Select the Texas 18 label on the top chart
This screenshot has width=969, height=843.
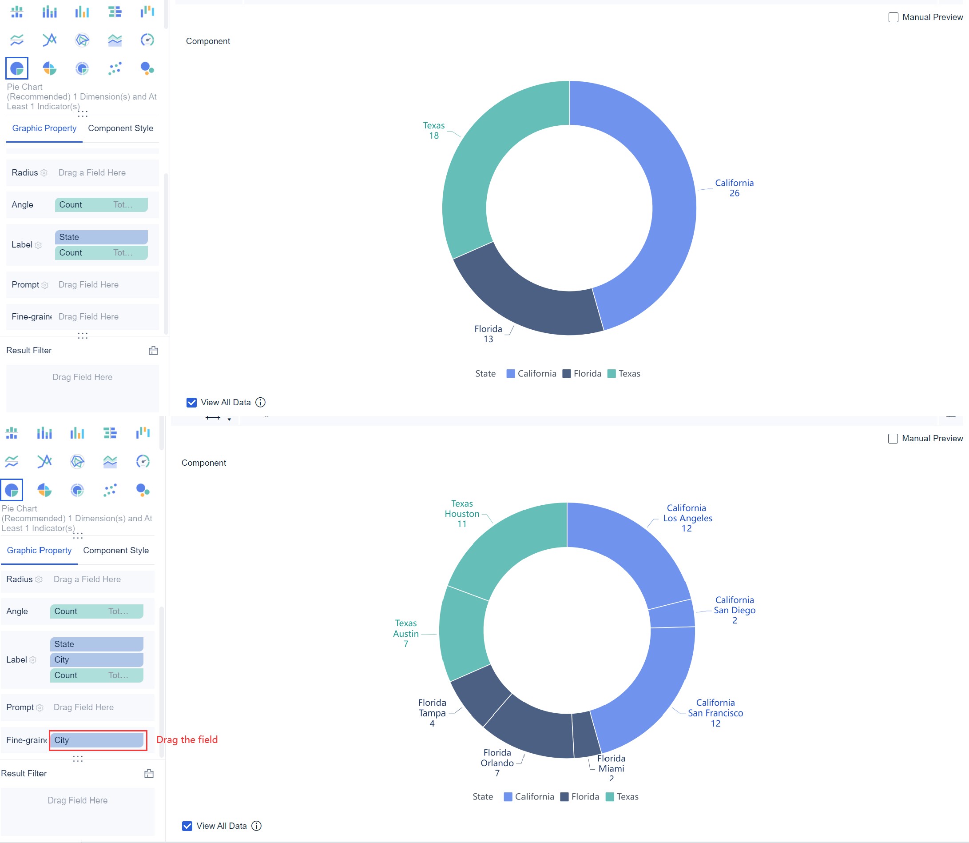433,130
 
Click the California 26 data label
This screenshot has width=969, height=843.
734,188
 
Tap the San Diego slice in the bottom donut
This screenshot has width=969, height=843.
672,613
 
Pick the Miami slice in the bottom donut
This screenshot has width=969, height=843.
585,734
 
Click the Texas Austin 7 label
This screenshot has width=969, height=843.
406,633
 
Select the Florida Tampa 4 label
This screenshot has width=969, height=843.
432,713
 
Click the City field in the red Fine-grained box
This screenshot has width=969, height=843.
96,740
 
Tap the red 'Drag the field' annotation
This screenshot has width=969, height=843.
187,739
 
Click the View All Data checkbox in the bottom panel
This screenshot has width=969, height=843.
187,826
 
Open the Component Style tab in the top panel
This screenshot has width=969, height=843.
120,128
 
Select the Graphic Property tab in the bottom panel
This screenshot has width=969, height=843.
39,551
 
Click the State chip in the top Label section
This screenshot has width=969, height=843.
101,237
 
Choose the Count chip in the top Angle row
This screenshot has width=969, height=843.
101,204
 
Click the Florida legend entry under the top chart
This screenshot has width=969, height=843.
582,374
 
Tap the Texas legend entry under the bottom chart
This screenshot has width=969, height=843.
622,796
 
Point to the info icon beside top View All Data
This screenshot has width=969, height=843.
260,402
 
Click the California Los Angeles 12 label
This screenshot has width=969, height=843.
687,518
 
